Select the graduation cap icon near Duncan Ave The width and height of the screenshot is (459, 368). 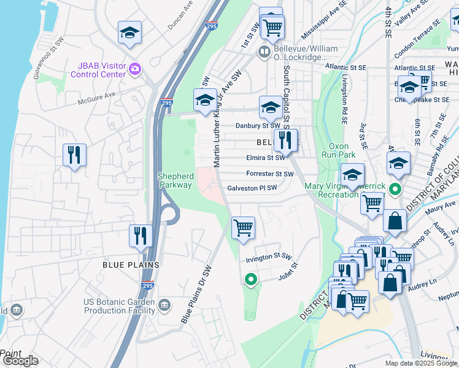click(x=129, y=33)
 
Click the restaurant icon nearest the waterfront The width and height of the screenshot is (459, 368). click(x=74, y=155)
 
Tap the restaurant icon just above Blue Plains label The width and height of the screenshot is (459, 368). click(x=141, y=236)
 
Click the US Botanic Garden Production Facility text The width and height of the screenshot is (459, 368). click(x=119, y=306)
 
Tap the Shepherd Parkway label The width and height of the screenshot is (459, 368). click(x=176, y=180)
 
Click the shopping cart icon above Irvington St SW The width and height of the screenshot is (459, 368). click(x=244, y=228)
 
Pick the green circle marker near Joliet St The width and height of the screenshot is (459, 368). click(x=250, y=280)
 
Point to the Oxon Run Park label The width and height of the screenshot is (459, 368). click(x=339, y=150)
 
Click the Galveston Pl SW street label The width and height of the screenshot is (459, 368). click(x=252, y=188)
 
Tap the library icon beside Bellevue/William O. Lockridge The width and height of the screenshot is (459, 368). click(x=264, y=52)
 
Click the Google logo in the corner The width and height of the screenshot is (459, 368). click(x=20, y=361)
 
